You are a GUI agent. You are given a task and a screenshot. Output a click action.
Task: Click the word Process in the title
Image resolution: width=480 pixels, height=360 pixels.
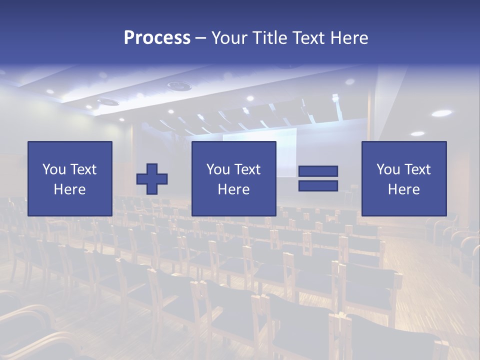157,38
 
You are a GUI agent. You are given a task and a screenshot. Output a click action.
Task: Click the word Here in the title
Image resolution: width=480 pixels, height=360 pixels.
349,38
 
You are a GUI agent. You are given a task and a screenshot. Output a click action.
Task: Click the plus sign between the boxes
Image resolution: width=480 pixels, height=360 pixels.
152,179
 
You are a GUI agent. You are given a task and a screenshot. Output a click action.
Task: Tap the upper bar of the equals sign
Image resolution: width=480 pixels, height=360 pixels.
318,171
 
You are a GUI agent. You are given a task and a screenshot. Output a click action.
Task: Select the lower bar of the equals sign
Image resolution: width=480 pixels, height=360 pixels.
318,186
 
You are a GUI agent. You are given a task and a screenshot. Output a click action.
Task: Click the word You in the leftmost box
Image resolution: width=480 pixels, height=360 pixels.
53,169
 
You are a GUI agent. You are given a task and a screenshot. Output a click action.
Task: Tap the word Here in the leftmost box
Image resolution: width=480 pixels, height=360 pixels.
69,189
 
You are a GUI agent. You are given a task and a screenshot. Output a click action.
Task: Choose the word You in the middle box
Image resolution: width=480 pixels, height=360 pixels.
217,169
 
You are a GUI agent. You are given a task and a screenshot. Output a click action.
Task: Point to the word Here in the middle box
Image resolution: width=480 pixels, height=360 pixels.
233,189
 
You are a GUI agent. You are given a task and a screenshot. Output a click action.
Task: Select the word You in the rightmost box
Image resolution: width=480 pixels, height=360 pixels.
387,169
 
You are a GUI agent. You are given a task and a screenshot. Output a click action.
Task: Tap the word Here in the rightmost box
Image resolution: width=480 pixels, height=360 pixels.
403,189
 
